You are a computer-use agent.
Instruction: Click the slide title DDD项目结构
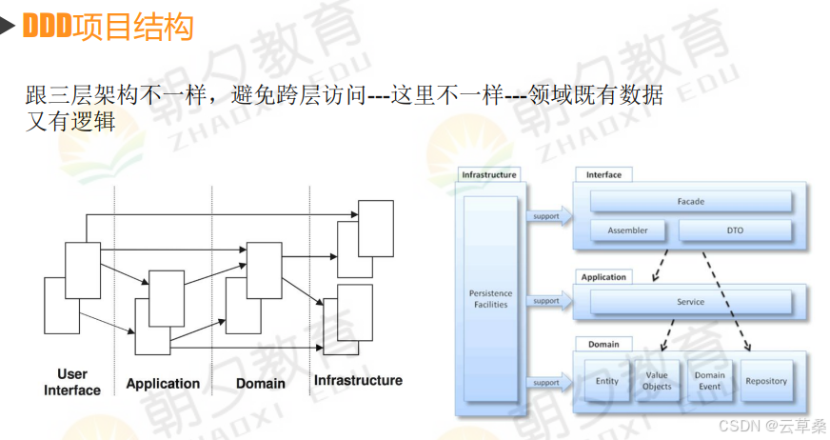pos(107,26)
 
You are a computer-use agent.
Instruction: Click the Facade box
pos(690,202)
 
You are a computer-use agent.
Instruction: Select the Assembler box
pos(627,230)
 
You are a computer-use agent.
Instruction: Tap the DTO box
pos(734,230)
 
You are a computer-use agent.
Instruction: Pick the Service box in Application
pos(690,302)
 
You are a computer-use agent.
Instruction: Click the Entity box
pos(606,381)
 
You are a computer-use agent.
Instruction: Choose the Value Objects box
pos(657,381)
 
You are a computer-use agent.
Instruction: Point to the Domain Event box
pos(709,381)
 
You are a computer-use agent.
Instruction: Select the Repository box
pos(766,381)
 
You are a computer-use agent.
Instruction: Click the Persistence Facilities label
pos(490,299)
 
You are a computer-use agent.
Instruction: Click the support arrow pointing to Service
pos(548,301)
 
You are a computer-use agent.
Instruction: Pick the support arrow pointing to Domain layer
pos(548,383)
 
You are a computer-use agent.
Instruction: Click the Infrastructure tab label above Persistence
pos(489,175)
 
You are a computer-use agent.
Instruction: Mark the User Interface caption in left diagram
pos(72,382)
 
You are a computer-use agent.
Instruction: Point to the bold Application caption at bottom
pos(163,384)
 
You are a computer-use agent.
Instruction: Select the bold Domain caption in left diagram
pos(260,383)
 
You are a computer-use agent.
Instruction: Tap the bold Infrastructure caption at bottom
pos(358,381)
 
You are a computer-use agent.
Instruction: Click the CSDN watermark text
pos(772,425)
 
